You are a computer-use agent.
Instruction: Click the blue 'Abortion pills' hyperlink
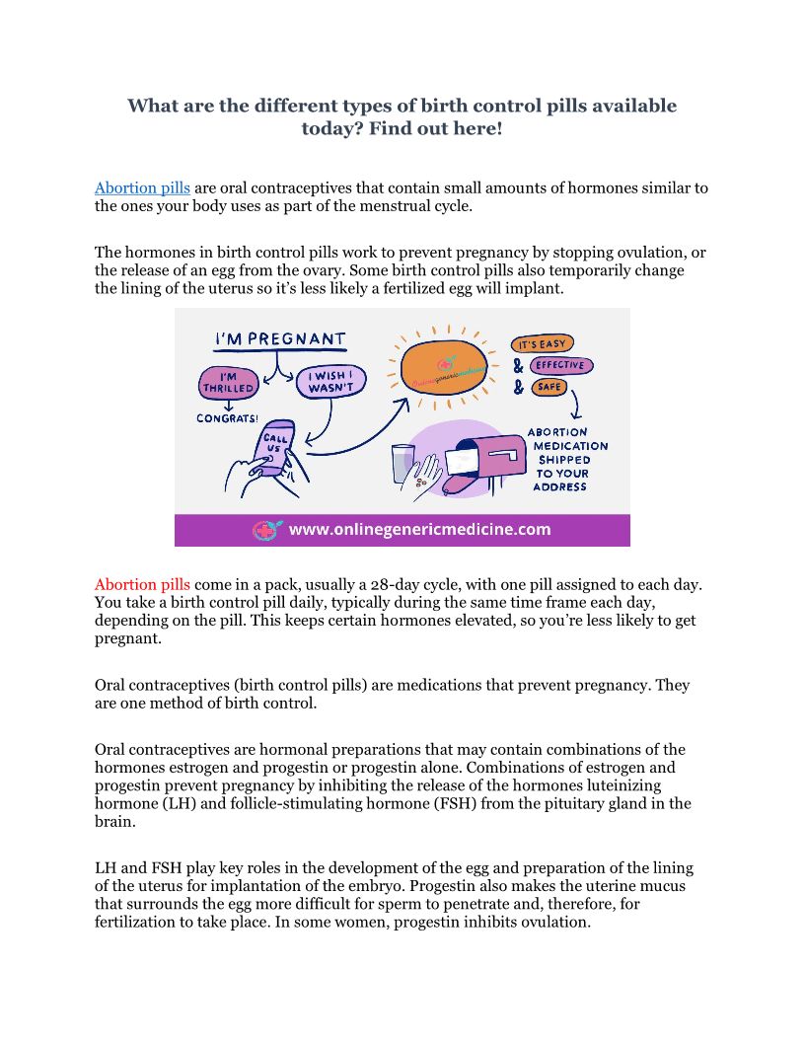pos(142,187)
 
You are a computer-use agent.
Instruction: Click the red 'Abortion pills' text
pos(142,584)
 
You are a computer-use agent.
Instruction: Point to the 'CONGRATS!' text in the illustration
pos(229,417)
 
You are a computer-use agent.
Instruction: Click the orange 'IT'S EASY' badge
pos(542,344)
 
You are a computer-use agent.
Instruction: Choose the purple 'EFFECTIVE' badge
pos(560,365)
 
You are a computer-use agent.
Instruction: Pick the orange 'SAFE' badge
pos(549,387)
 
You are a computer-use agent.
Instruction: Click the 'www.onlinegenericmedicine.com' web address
pos(419,530)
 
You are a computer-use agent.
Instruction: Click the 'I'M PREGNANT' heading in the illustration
pos(281,339)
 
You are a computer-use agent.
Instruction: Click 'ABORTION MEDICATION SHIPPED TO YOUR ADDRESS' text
pos(567,459)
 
